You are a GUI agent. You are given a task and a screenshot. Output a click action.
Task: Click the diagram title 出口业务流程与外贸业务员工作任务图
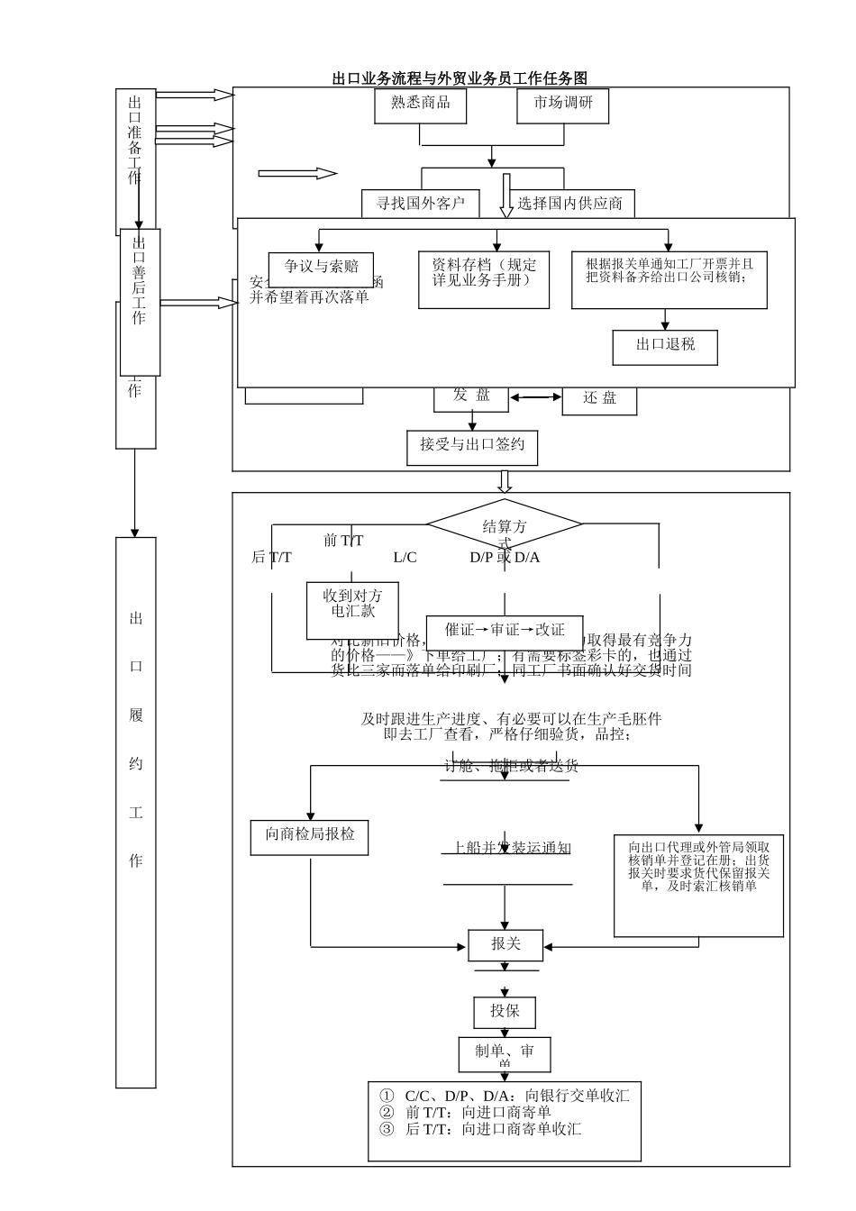point(460,78)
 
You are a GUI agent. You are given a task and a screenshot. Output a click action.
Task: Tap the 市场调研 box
point(563,105)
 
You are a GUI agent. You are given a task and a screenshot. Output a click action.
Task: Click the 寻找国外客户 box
point(420,204)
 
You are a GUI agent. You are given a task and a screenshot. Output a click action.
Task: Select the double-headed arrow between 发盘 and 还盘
point(535,397)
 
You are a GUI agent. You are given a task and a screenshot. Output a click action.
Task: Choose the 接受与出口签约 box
point(472,444)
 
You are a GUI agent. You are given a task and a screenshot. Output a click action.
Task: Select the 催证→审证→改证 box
point(505,631)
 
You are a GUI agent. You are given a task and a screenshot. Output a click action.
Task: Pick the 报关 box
point(505,945)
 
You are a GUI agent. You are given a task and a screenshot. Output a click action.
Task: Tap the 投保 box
point(505,1012)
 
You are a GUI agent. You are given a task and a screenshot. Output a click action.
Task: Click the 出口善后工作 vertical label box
point(140,302)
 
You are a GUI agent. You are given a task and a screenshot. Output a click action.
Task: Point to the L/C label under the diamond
point(405,558)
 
